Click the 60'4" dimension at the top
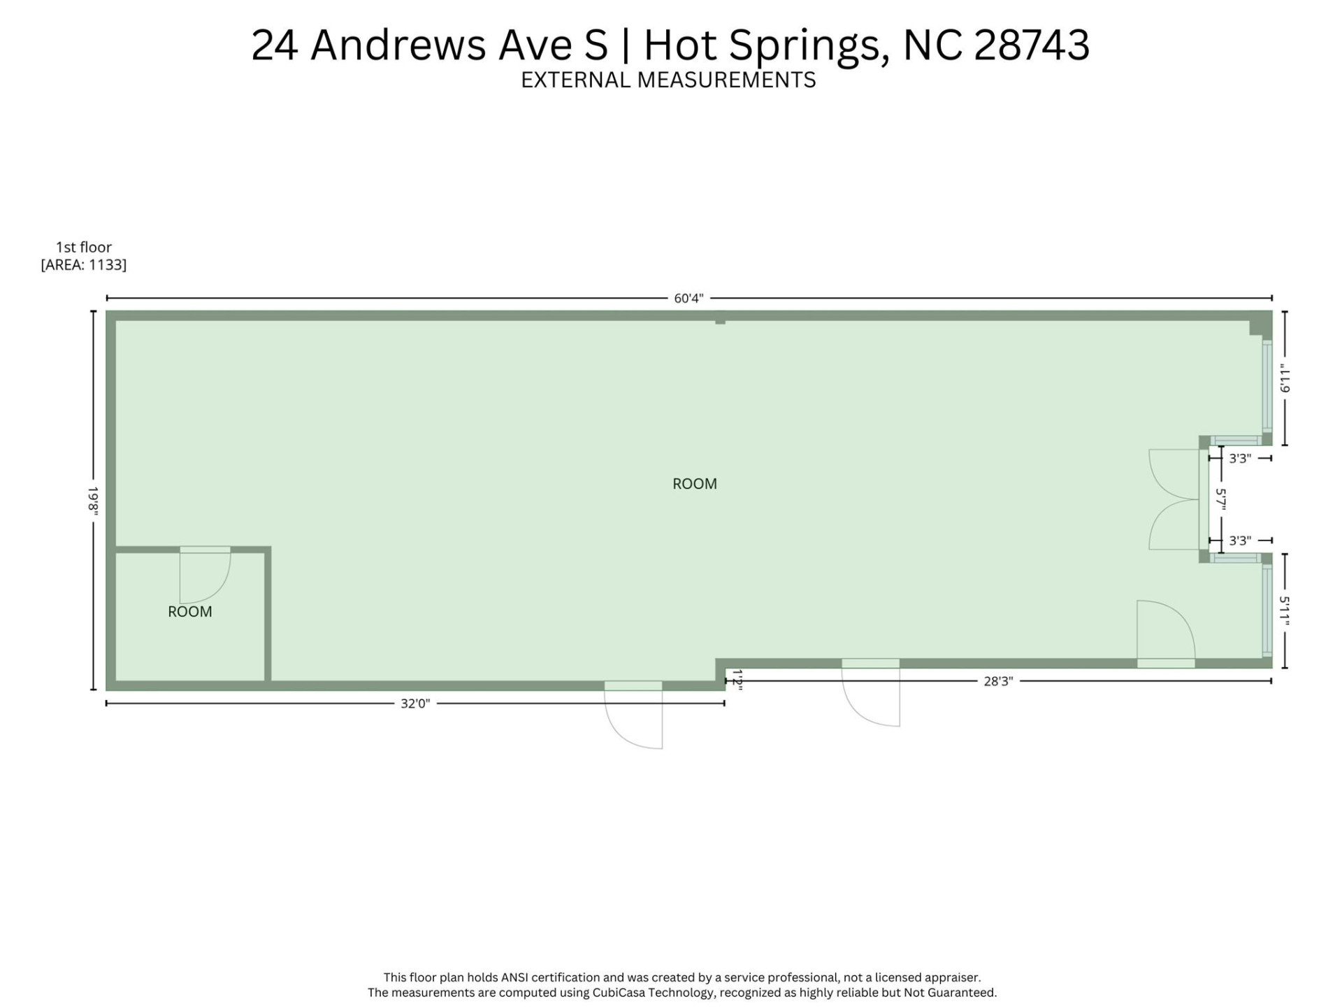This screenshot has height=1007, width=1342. tap(688, 299)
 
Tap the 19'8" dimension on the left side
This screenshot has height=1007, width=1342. tap(92, 501)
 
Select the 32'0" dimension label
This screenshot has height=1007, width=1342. tap(414, 704)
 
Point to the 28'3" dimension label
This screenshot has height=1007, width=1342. tap(997, 681)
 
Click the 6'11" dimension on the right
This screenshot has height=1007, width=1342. tap(1284, 378)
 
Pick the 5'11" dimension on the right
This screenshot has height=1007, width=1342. tap(1284, 610)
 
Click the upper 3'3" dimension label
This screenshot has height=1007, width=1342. tap(1239, 459)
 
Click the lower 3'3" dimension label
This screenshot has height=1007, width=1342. tap(1239, 541)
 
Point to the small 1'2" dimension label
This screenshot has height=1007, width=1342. tap(737, 680)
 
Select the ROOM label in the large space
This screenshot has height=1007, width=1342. tap(694, 484)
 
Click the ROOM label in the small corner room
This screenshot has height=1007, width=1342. tap(189, 612)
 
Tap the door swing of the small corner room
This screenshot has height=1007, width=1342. tap(204, 577)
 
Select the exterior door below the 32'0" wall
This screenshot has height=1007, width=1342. tap(633, 717)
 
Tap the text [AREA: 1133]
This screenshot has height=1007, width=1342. tap(84, 265)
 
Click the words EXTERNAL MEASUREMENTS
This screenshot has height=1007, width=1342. tap(668, 80)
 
